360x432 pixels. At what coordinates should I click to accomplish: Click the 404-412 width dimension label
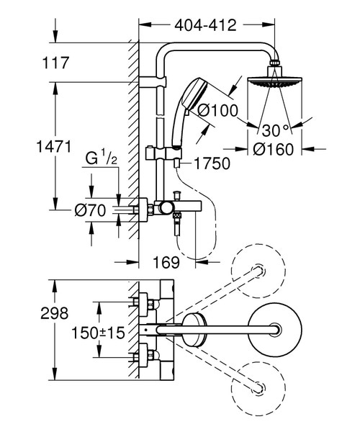(205, 26)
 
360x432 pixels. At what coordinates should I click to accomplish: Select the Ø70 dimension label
(90, 211)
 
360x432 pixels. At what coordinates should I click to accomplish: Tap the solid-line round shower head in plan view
(274, 332)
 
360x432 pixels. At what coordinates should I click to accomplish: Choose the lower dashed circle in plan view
(257, 388)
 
